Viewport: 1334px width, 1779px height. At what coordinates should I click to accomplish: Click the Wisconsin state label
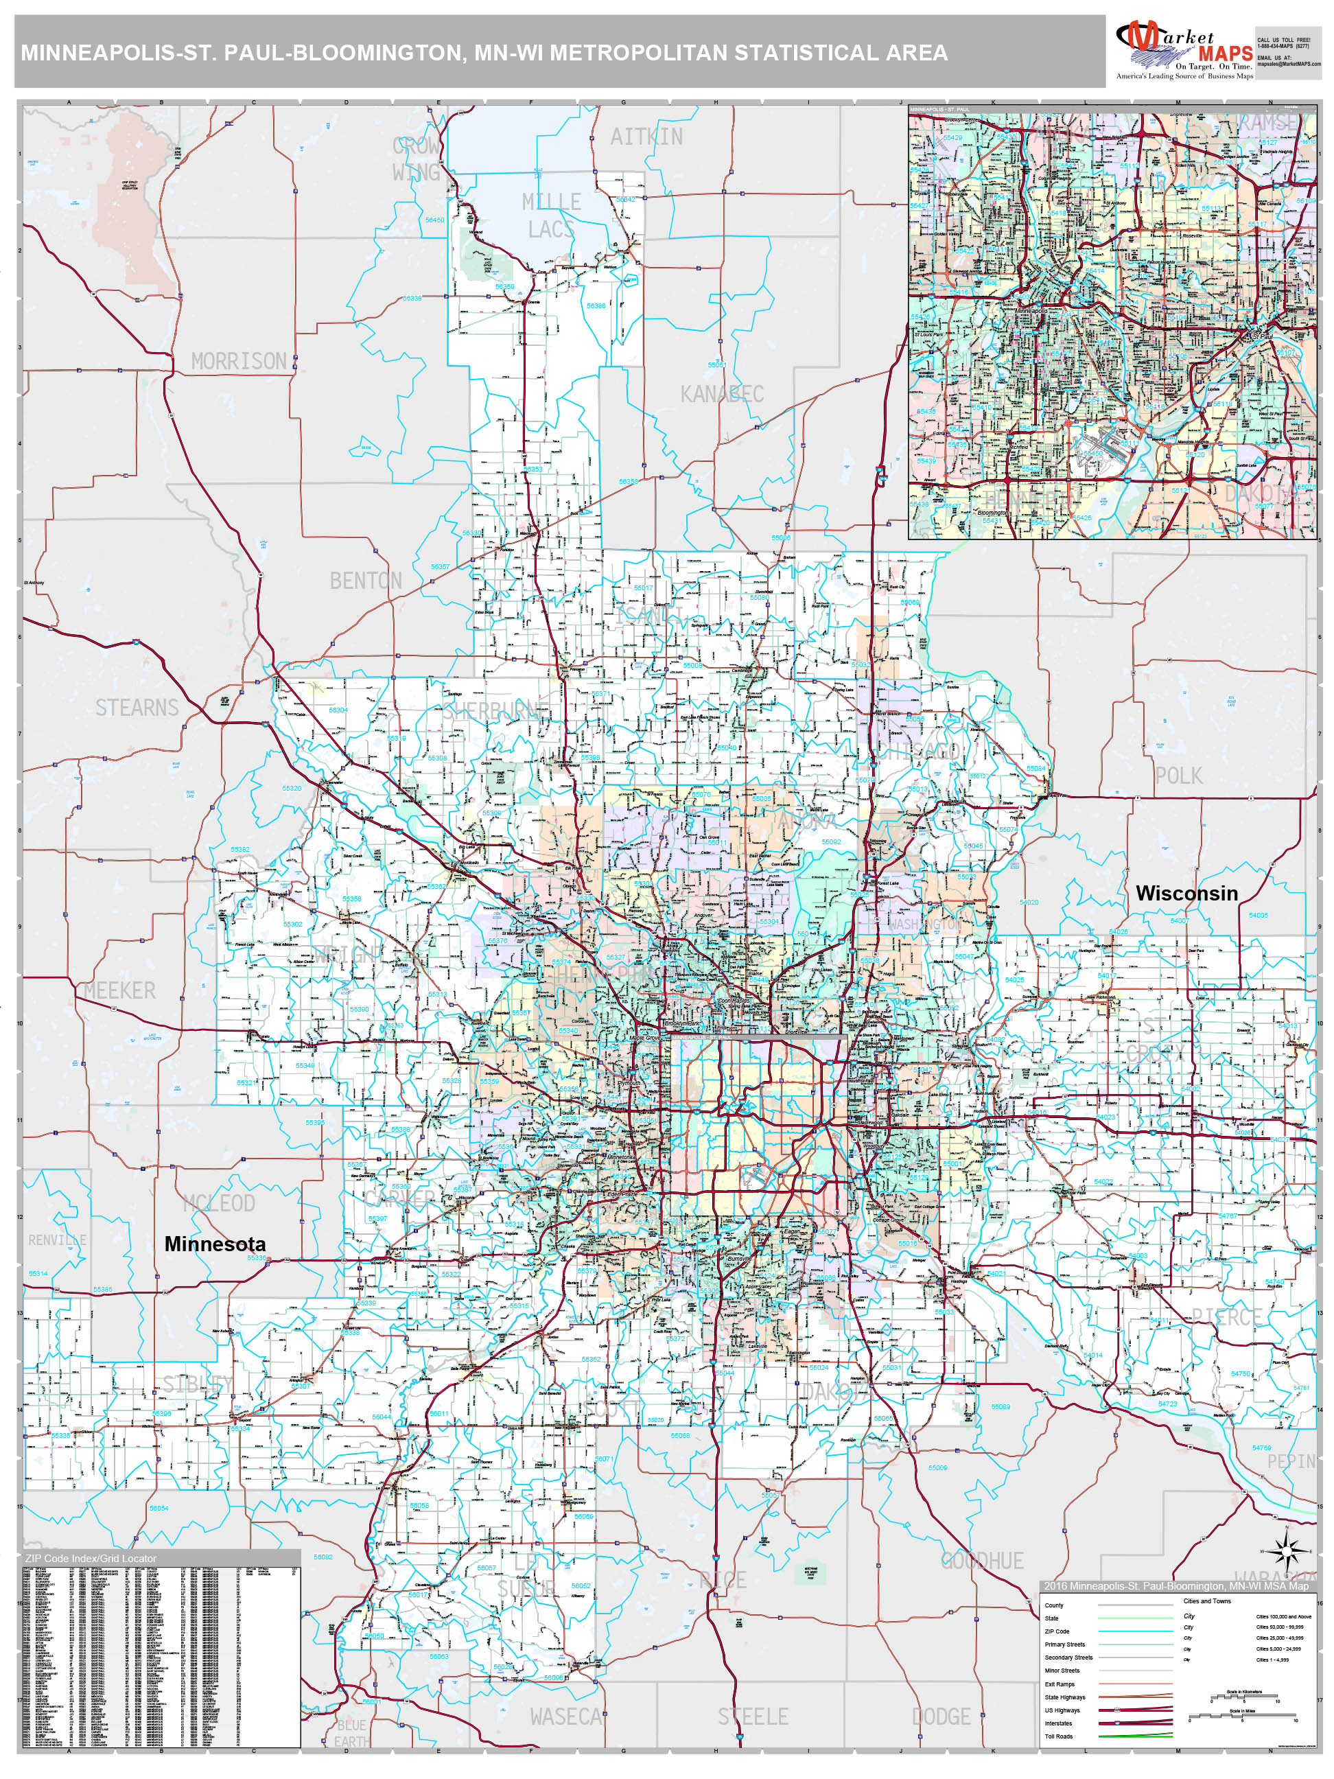[1186, 893]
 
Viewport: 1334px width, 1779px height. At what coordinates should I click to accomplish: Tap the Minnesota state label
[215, 1244]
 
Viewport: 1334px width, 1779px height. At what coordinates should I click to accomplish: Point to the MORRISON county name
[239, 361]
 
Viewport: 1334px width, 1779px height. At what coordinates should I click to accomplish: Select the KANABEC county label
[721, 394]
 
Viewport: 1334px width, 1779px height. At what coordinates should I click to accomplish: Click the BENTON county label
[366, 581]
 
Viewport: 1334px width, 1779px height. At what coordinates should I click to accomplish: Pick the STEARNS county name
[137, 708]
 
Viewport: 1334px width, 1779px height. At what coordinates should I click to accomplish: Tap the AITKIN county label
[646, 137]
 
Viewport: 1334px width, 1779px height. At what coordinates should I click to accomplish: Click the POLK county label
[1179, 776]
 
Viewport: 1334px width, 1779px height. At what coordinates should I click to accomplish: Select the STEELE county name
[753, 1717]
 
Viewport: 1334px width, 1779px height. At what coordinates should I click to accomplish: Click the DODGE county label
[941, 1717]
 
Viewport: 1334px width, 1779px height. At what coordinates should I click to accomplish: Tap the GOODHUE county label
[982, 1561]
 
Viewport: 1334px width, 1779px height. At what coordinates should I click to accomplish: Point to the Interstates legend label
[1058, 1723]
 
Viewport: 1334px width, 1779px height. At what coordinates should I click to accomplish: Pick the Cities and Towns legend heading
[1206, 1601]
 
